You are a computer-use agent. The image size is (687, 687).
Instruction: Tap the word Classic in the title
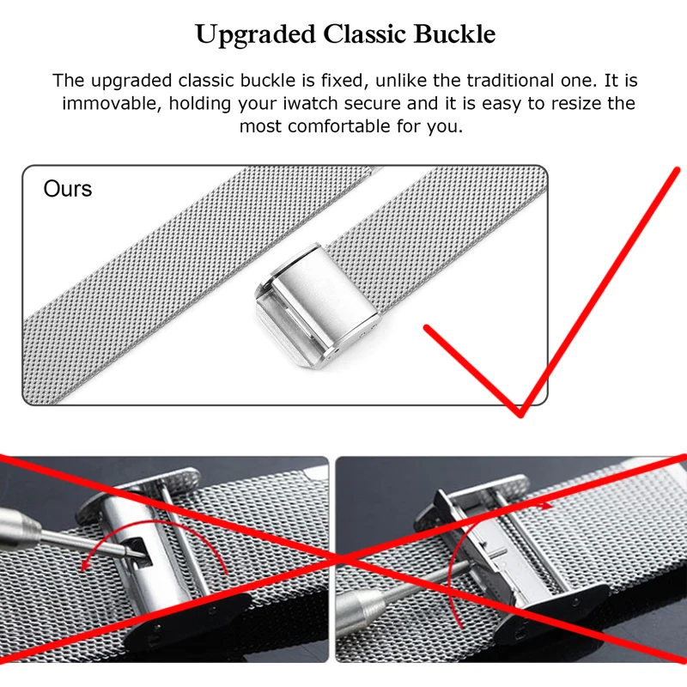[x=360, y=35]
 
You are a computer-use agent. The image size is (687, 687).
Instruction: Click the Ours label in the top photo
[x=68, y=189]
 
